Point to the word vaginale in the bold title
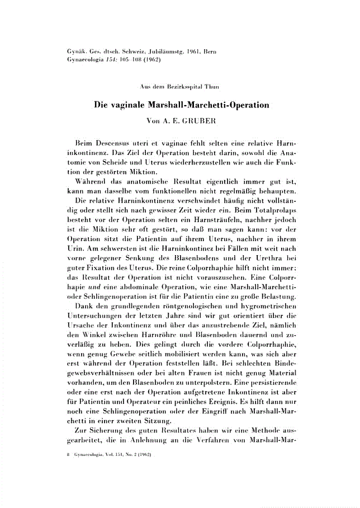pyautogui.click(x=132, y=105)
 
